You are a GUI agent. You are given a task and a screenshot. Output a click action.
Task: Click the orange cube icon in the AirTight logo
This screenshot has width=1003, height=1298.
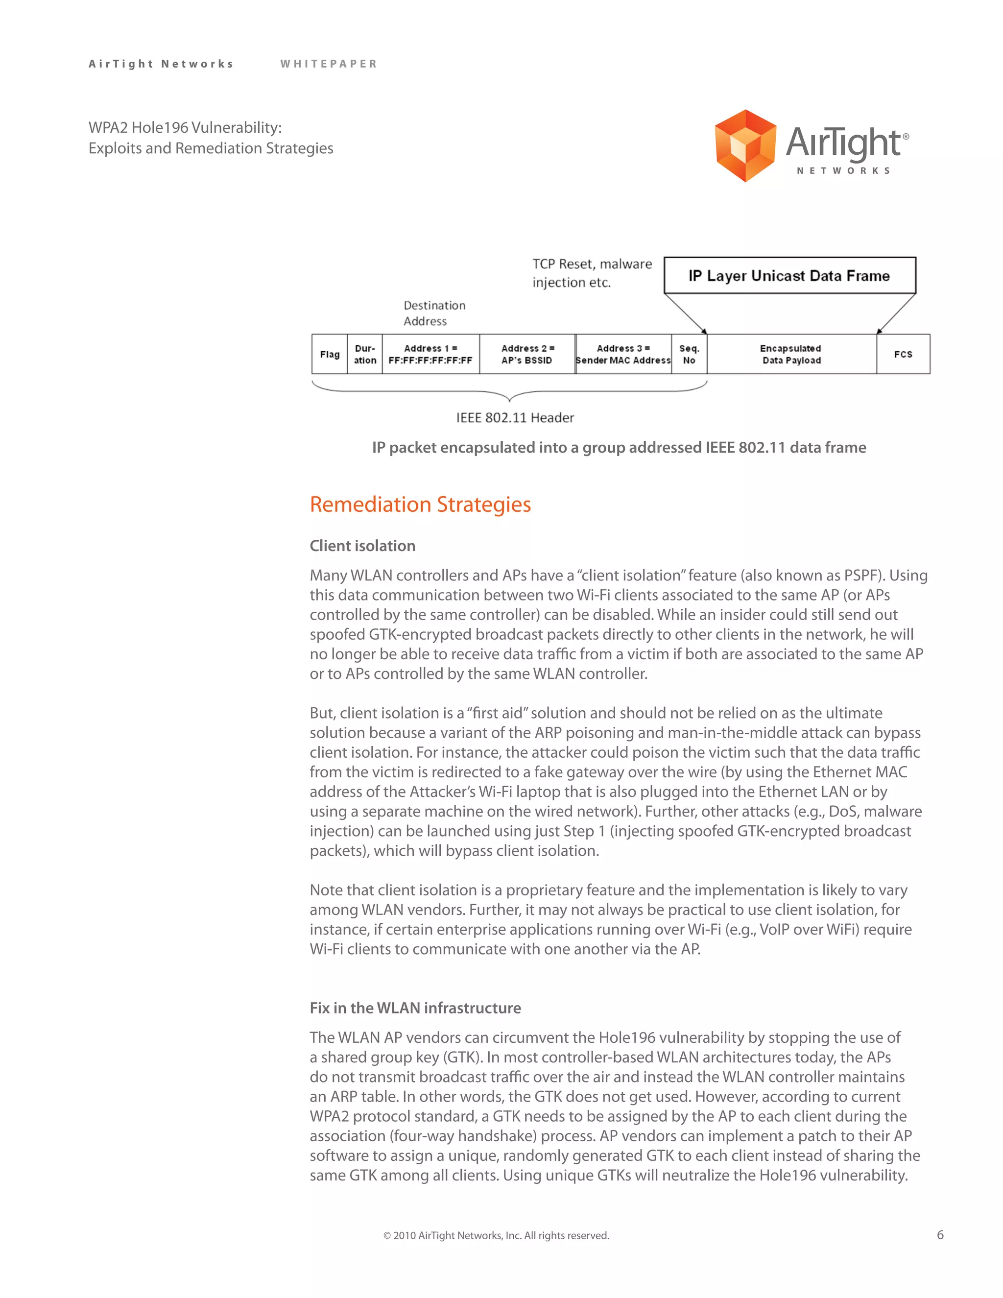pyautogui.click(x=744, y=145)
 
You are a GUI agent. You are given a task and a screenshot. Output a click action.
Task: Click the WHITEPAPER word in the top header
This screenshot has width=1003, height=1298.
pyautogui.click(x=329, y=64)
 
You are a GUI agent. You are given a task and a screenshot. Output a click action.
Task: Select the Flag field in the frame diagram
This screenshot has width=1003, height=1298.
pyautogui.click(x=329, y=354)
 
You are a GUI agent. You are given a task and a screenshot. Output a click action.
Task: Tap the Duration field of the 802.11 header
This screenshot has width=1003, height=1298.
pyautogui.click(x=365, y=354)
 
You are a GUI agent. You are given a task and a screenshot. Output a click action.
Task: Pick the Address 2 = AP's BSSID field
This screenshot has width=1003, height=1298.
pyautogui.click(x=527, y=354)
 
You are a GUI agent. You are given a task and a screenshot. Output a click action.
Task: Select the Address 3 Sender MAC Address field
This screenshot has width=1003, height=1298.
pyautogui.click(x=623, y=354)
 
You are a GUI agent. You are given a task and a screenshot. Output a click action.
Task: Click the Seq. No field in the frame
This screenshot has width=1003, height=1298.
pyautogui.click(x=689, y=354)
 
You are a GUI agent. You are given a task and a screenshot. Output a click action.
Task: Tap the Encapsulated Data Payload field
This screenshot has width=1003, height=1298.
pyautogui.click(x=791, y=354)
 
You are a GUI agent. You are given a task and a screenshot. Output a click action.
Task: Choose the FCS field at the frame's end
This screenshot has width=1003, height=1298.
pyautogui.click(x=903, y=354)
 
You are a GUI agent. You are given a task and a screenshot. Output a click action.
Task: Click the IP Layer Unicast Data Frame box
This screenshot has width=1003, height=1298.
pyautogui.click(x=789, y=276)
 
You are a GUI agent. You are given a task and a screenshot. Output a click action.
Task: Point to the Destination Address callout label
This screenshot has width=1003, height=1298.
pyautogui.click(x=434, y=313)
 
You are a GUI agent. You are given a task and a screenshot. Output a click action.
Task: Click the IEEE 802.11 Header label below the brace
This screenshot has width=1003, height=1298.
pyautogui.click(x=515, y=418)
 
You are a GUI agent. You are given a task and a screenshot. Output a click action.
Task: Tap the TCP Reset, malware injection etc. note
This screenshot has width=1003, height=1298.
pyautogui.click(x=592, y=273)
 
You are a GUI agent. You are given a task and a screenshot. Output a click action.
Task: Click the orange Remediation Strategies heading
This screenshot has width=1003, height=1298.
pyautogui.click(x=420, y=504)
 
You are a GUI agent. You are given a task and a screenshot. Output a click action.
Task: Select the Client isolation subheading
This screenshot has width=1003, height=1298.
pyautogui.click(x=362, y=546)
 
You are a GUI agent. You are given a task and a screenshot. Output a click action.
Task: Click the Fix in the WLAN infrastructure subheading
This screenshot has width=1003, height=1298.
pyautogui.click(x=415, y=1008)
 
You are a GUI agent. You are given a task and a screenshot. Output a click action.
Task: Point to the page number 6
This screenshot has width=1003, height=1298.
pyautogui.click(x=940, y=1234)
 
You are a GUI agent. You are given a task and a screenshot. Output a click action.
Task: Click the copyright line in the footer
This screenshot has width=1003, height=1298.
pyautogui.click(x=496, y=1236)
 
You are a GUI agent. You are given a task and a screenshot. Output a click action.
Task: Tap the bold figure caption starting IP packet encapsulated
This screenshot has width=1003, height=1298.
pyautogui.click(x=619, y=448)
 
